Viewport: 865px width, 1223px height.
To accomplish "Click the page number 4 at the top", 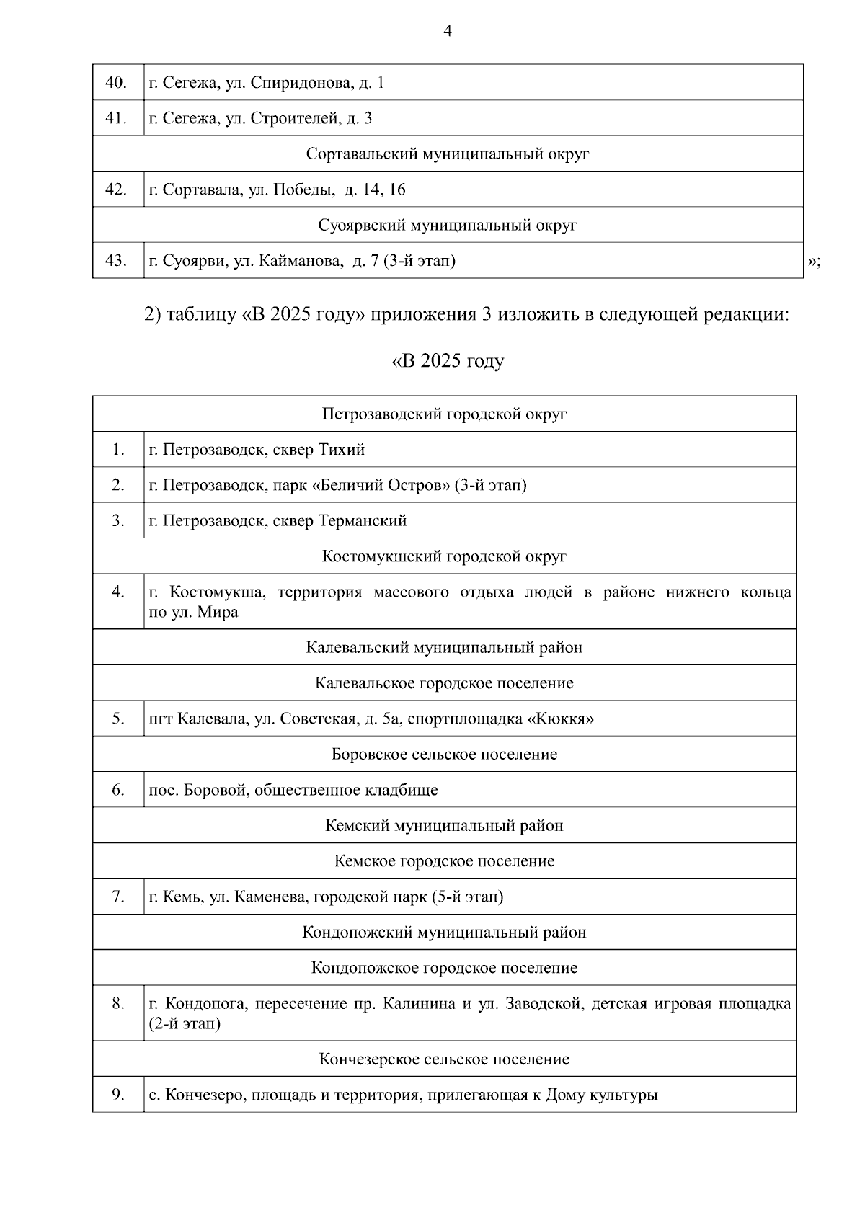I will coord(448,31).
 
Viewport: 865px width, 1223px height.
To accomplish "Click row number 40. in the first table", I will coord(116,83).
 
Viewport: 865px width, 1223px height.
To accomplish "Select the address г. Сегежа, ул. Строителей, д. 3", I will coord(260,118).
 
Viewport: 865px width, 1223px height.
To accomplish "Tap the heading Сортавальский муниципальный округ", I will coord(448,154).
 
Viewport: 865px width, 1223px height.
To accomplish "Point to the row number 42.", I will coord(116,190).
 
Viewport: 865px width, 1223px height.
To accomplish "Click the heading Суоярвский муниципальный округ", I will coord(448,225).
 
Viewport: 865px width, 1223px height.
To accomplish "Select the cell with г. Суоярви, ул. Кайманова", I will coord(302,261).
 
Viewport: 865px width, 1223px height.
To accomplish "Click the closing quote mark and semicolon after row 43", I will coord(815,262).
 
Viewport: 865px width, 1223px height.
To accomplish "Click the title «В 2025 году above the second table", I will coord(448,361).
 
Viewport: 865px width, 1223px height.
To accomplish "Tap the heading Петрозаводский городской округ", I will coord(444,414).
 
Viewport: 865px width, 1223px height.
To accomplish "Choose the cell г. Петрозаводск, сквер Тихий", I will coord(257,450).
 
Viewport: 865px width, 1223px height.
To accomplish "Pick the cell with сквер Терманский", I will coord(340,520).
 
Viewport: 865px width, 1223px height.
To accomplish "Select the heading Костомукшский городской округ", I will coord(444,556).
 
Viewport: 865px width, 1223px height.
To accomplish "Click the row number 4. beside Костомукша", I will coord(118,592).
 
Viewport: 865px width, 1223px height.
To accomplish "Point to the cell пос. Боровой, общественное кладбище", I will coord(293,790).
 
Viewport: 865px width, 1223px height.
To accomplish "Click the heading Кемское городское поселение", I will coord(444,861).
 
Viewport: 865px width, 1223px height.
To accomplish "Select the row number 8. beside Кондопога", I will coord(118,1003).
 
